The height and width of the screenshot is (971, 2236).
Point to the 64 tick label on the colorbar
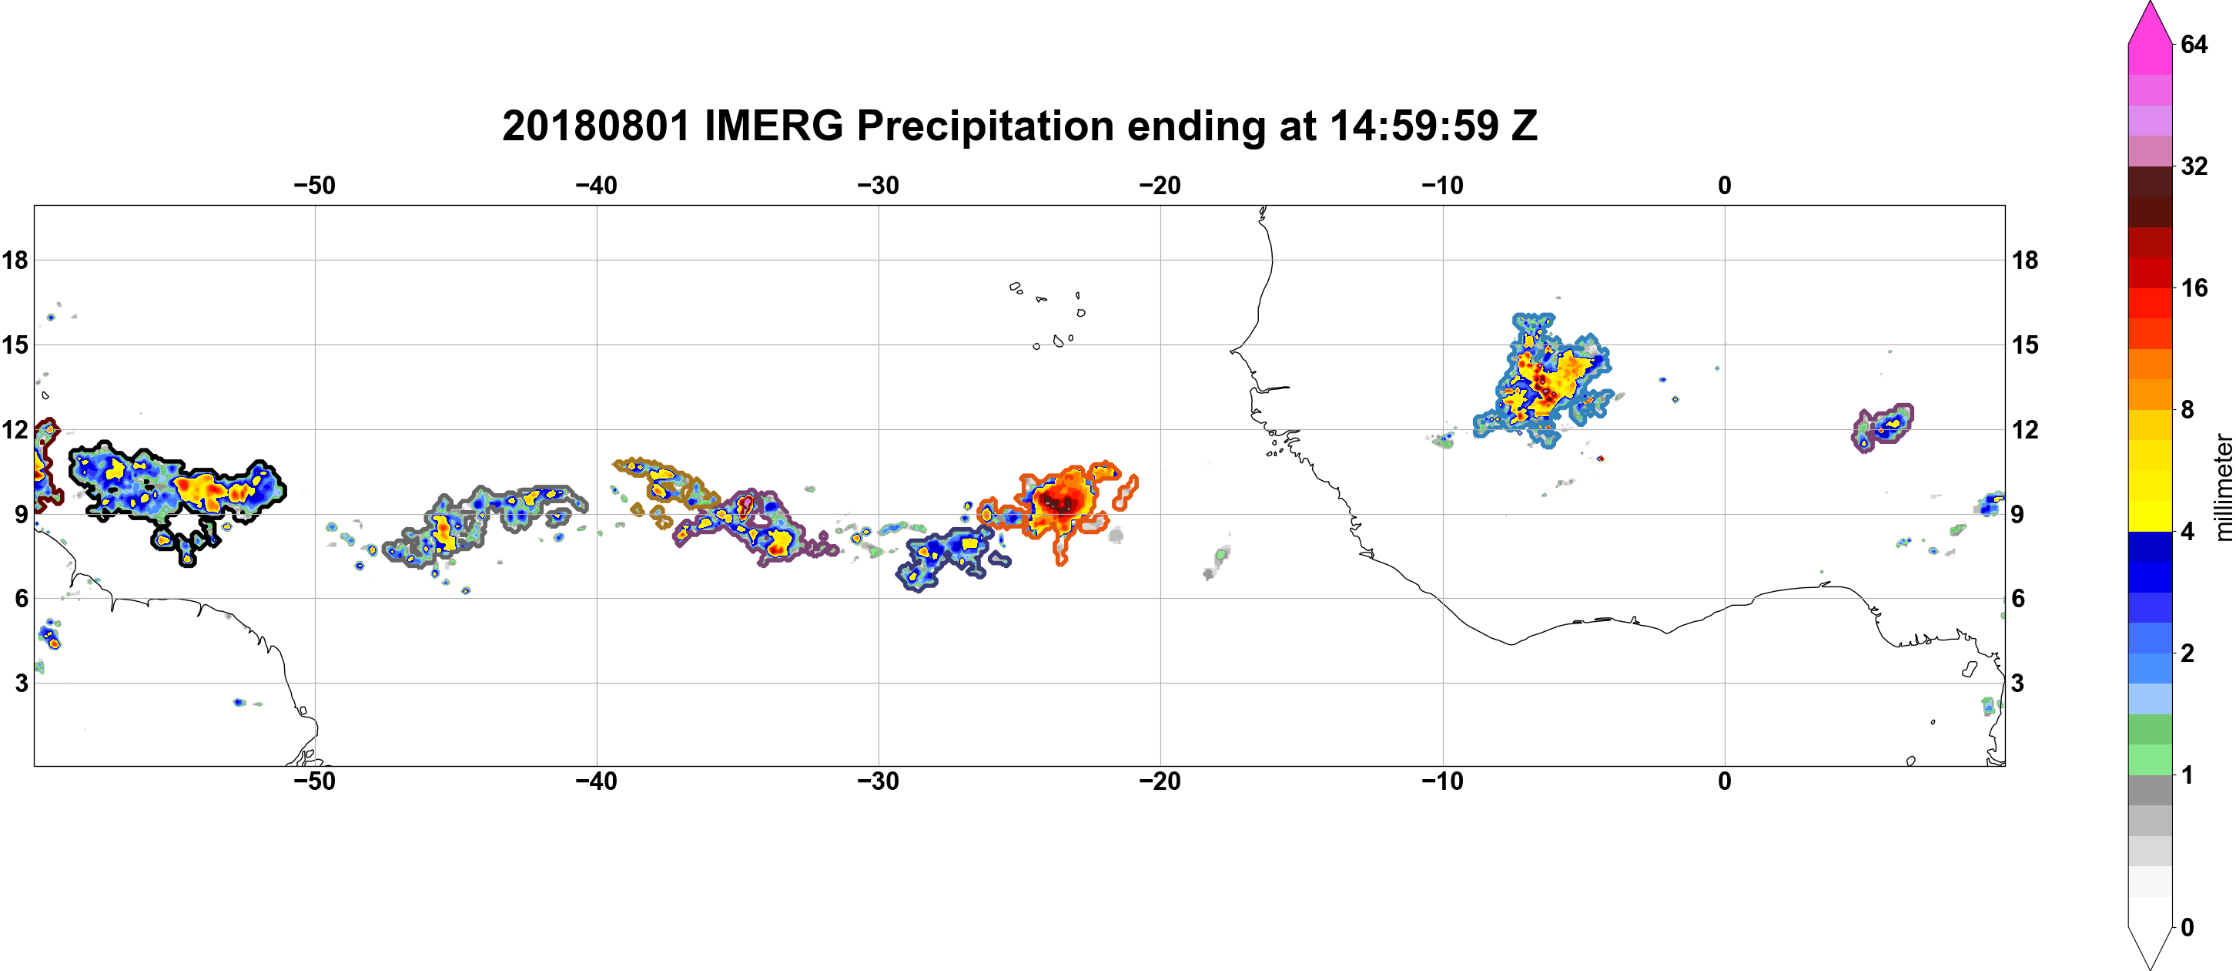click(2194, 43)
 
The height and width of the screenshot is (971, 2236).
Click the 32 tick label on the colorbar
click(2194, 166)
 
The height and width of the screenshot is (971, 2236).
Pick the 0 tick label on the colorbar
click(2187, 927)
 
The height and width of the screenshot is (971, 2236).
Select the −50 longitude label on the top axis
click(314, 185)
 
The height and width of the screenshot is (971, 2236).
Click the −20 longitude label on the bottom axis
click(1160, 781)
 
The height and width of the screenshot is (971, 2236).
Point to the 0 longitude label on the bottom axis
click(1725, 781)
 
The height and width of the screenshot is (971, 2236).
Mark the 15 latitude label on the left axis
click(15, 344)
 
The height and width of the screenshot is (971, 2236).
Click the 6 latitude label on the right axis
click(2018, 599)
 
